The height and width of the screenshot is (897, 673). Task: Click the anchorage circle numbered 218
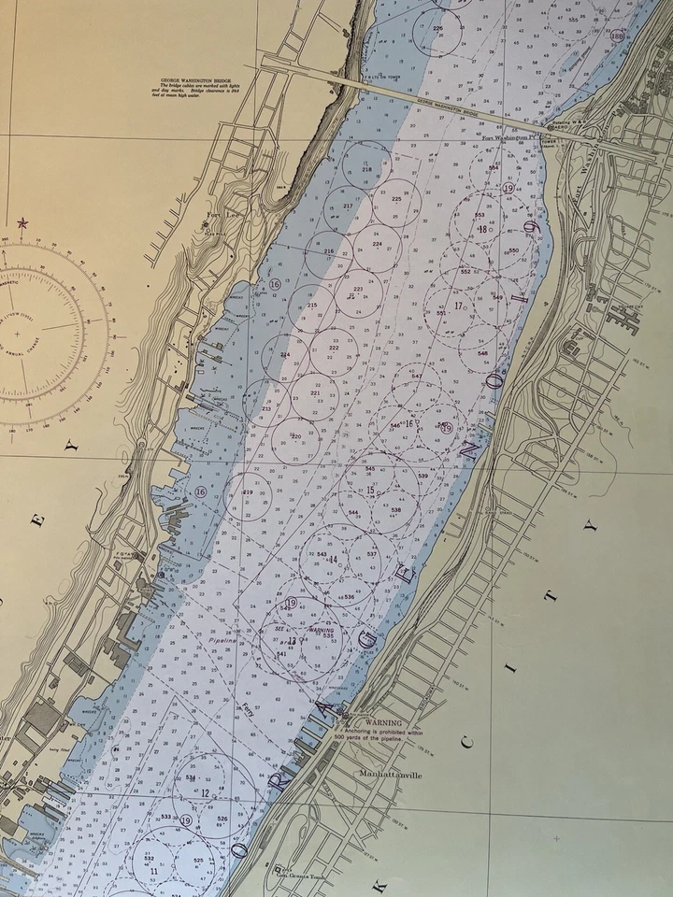tap(366, 168)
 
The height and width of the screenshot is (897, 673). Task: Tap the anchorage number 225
tap(396, 199)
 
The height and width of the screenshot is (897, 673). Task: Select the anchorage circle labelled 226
tap(437, 29)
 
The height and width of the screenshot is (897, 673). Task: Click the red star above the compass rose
tap(22, 223)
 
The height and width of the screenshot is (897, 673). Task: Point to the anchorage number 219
tap(248, 491)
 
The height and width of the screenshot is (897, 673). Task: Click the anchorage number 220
tap(295, 435)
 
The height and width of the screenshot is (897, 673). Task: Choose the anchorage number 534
tap(191, 777)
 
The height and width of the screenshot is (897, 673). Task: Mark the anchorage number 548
tap(482, 354)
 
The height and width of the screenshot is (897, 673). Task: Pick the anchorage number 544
tap(353, 513)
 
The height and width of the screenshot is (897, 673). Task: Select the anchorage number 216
tap(328, 251)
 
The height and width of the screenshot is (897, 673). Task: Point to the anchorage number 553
tap(480, 215)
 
